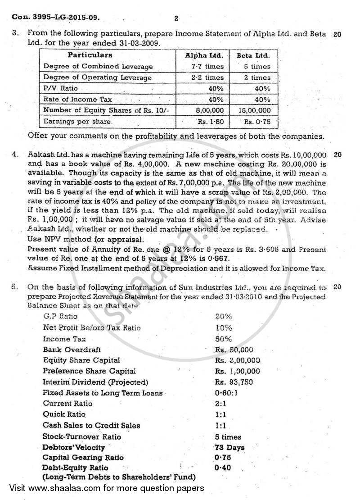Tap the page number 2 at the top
click(176, 18)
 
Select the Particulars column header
click(90, 55)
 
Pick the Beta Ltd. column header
click(253, 55)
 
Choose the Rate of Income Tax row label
click(77, 100)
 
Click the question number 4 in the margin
click(16, 155)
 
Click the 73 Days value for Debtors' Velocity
click(229, 447)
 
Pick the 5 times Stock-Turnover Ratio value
click(228, 436)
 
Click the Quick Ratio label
click(64, 414)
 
